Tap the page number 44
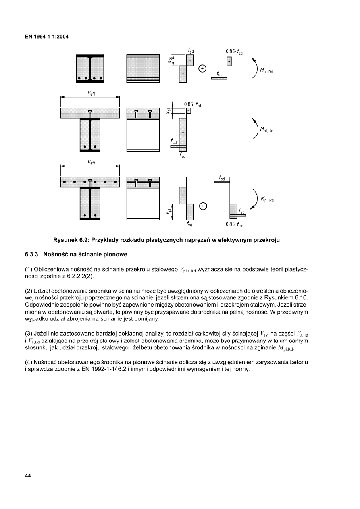pos(28,476)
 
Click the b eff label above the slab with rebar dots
pos(92,162)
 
